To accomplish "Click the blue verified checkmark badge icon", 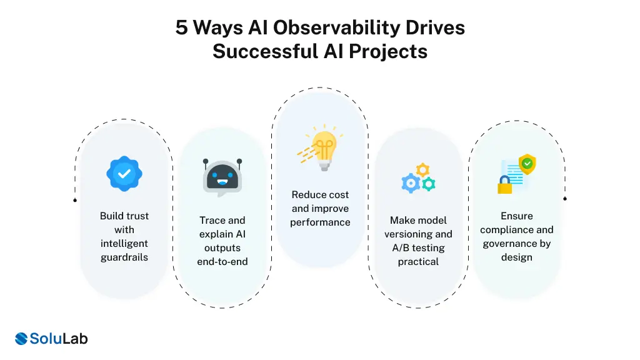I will (124, 173).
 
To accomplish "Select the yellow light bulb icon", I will (323, 148).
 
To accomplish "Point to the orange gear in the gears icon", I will (423, 169).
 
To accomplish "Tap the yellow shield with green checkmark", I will (528, 164).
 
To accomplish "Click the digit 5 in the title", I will (181, 28).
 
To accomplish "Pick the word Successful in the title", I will (265, 51).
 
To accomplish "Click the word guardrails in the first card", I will (124, 257).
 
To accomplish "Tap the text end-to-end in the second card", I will (222, 262).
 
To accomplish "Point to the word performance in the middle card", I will (320, 222).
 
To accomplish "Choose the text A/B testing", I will (418, 248).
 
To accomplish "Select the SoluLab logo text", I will (59, 339).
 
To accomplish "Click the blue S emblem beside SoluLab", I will (22, 339).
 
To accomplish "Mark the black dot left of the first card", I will (75, 201).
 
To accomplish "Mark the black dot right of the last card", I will (565, 199).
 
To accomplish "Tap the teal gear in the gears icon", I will (428, 184).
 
